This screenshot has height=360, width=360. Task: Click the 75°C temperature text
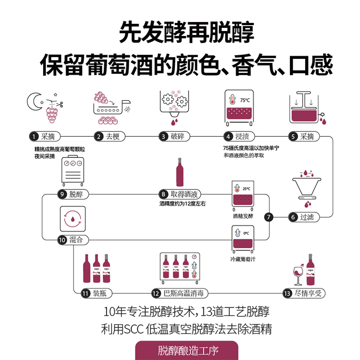click(244, 100)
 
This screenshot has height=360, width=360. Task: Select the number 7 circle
click(269, 217)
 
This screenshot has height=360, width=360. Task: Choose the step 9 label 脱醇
click(76, 194)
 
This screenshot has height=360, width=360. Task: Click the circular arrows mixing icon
click(72, 219)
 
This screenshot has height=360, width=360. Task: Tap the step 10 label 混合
click(76, 240)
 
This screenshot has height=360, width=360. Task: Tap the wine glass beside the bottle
click(298, 274)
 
